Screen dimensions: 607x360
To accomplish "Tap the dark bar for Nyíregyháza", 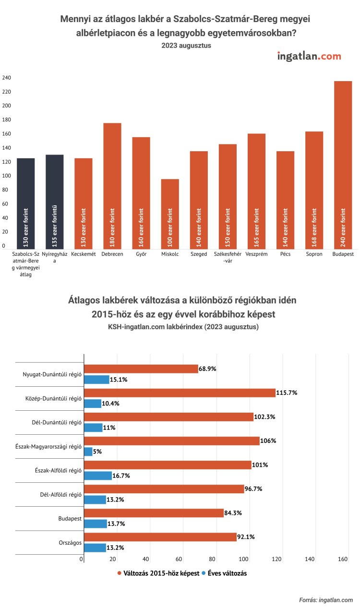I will tap(54, 202).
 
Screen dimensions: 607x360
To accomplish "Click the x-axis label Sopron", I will tap(314, 254).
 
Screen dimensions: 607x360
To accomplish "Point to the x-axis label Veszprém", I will tap(256, 254).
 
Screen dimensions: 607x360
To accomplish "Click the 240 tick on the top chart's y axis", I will tap(6, 78).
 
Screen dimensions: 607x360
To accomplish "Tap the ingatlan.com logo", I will tap(309, 56).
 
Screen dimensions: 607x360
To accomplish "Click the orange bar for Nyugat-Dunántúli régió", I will tap(141, 369).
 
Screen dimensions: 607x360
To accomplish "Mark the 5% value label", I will tap(98, 452).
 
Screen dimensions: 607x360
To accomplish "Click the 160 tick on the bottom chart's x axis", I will tap(343, 559).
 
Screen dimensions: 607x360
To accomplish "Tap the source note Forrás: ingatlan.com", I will tap(326, 600).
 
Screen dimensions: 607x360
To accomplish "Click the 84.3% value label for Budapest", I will tap(233, 512).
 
